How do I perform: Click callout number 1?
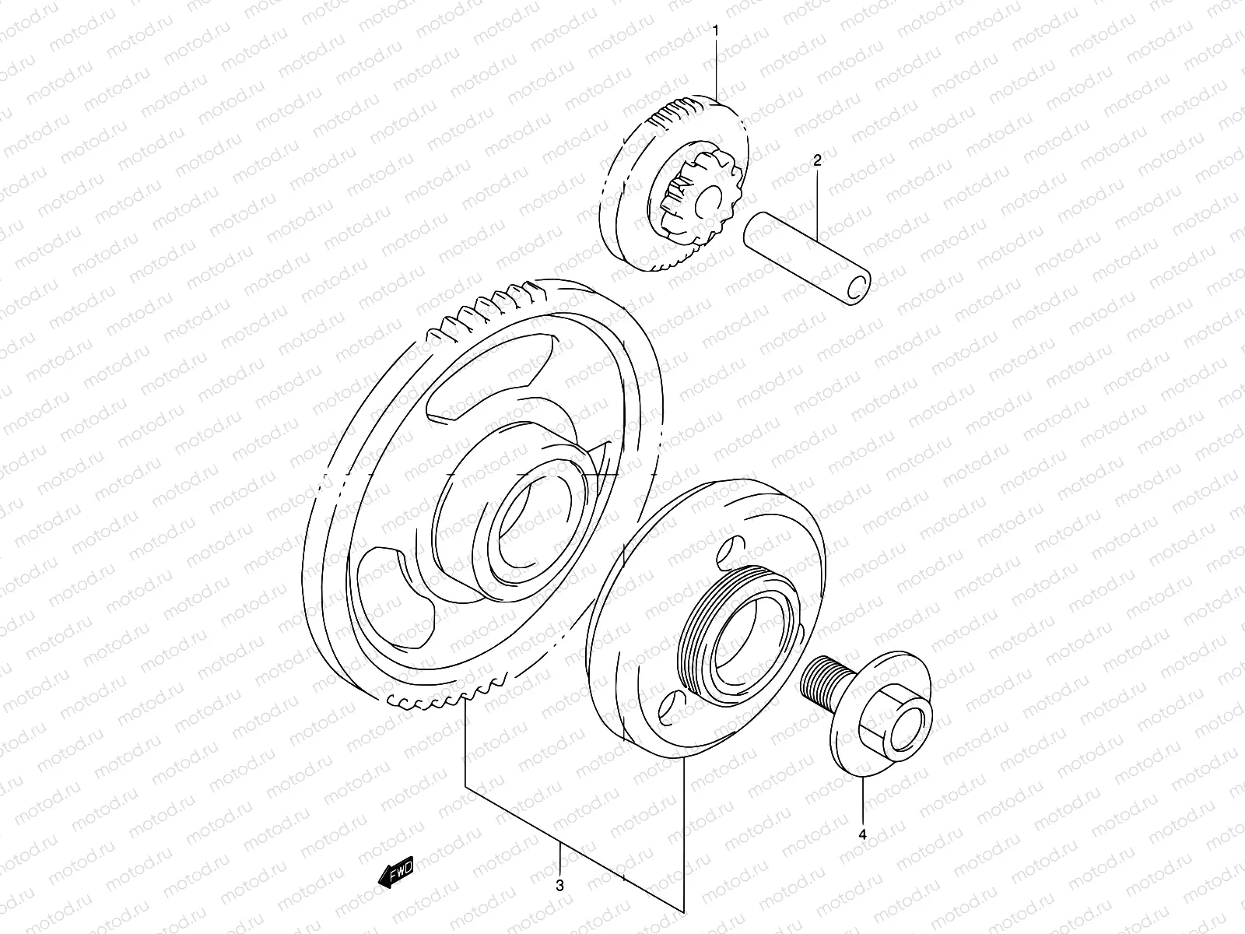click(716, 32)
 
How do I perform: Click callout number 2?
click(817, 161)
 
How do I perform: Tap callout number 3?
click(560, 885)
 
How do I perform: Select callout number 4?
click(862, 834)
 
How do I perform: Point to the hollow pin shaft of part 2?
click(801, 249)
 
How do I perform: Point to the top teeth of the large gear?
click(498, 304)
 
